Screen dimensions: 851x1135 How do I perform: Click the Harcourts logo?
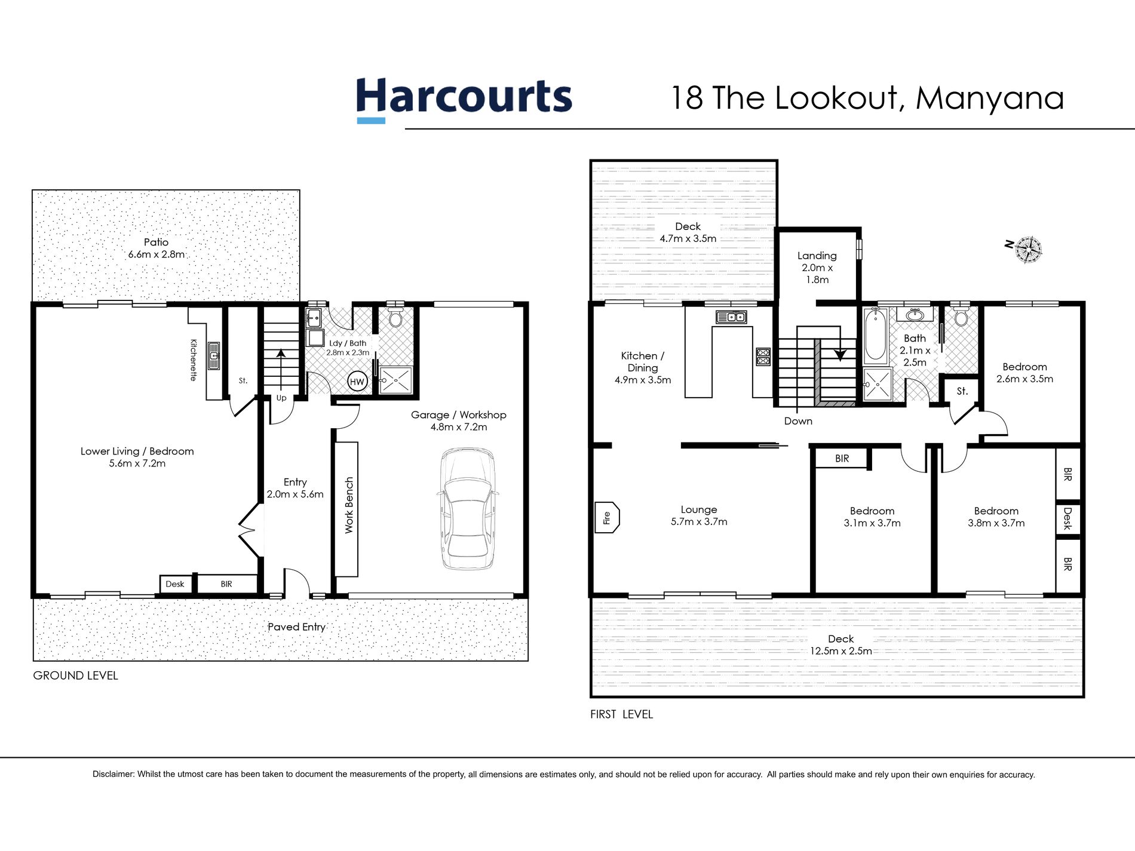coord(464,99)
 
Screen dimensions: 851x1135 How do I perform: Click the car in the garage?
coord(468,509)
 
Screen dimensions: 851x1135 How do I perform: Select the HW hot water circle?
coord(357,382)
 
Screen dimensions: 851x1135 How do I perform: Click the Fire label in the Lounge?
coord(607,518)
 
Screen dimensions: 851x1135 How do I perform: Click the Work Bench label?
coord(349,505)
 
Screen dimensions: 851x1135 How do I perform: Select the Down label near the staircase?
coord(798,421)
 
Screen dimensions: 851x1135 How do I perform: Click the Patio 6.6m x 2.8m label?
coord(156,248)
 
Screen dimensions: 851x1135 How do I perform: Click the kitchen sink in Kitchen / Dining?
coord(731,317)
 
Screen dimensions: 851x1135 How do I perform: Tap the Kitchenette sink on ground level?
coord(213,354)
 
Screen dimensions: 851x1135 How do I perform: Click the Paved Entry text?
coord(296,626)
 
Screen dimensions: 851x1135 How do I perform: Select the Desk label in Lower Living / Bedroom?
coord(175,584)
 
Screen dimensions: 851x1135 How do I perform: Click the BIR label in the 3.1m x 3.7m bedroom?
coord(842,459)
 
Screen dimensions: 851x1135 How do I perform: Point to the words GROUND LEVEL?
coord(75,675)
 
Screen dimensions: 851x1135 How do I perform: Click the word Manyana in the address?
coord(989,99)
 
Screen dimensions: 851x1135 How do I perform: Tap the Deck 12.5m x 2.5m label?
coord(840,645)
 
